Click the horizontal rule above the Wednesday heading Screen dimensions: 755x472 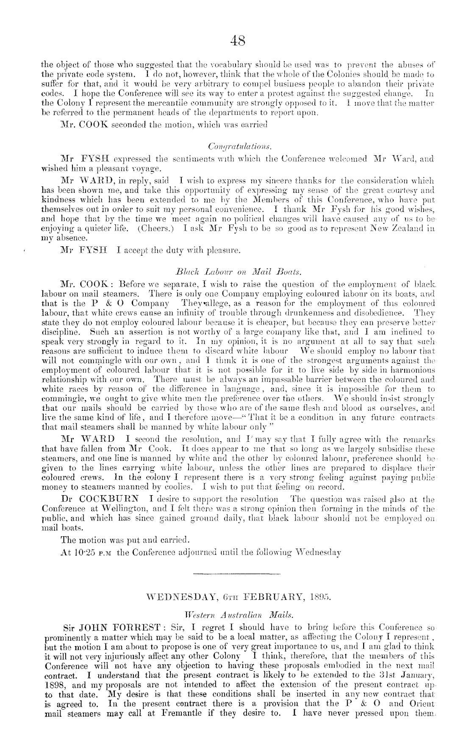[237, 574]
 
